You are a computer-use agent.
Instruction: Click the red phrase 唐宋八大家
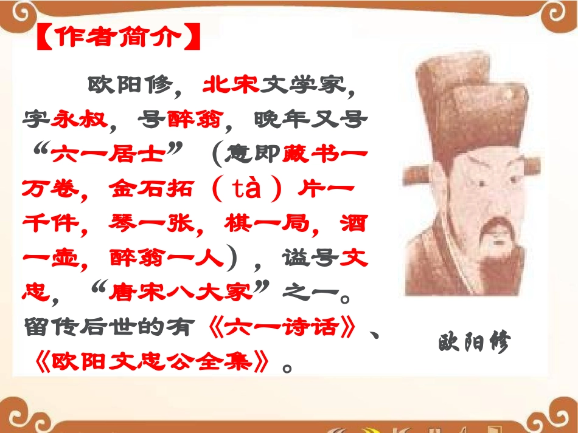181,293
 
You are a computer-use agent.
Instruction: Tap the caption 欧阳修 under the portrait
473,343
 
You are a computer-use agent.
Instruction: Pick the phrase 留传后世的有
113,328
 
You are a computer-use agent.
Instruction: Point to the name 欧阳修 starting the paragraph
126,84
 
